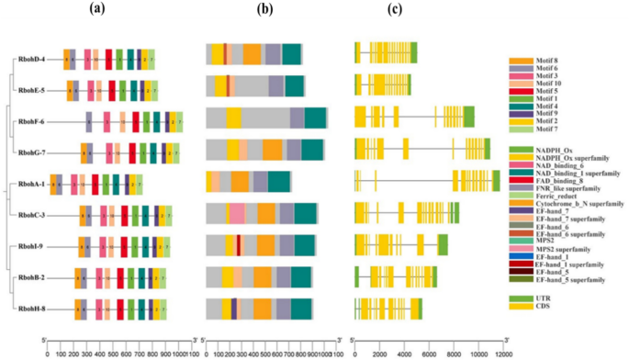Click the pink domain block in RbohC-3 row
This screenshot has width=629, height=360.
pyautogui.click(x=237, y=214)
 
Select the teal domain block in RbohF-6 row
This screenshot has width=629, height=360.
pyautogui.click(x=315, y=118)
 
